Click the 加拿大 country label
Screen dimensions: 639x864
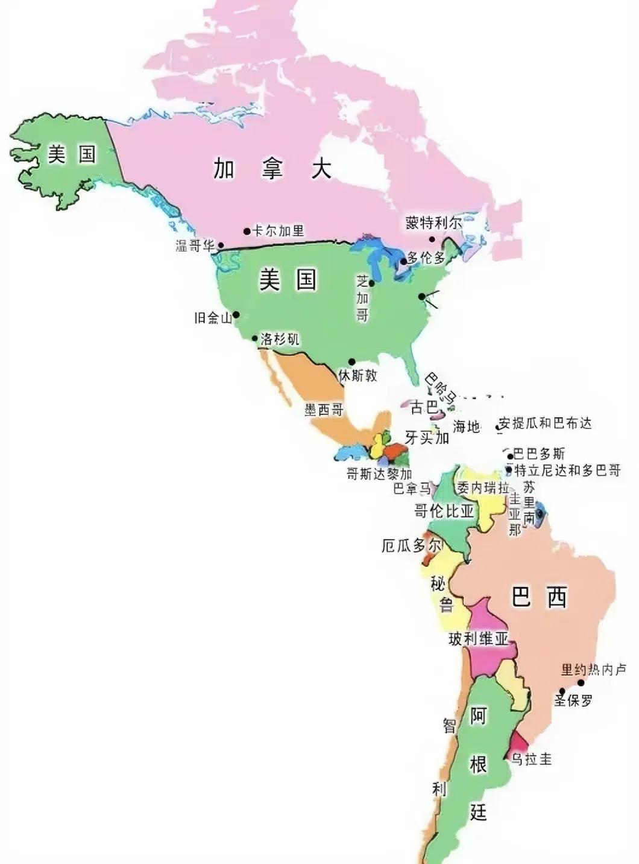point(272,168)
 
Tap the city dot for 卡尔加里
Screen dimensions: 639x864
point(247,231)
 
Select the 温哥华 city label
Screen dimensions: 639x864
point(195,246)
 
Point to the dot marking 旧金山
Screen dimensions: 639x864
point(236,314)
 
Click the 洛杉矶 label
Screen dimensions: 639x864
point(280,339)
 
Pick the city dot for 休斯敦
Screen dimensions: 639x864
point(351,362)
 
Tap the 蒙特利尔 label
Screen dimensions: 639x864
point(433,223)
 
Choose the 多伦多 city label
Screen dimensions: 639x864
point(426,258)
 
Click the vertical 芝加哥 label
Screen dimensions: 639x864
point(362,298)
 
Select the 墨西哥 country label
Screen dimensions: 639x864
point(324,410)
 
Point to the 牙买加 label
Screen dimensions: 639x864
point(427,437)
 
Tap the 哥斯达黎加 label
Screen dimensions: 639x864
point(379,474)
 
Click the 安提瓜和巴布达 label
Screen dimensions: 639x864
point(545,424)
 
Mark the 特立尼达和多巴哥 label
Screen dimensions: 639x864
point(567,470)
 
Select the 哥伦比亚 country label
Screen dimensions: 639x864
point(444,512)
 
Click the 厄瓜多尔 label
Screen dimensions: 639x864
point(412,546)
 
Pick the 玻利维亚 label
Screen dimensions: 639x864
point(479,639)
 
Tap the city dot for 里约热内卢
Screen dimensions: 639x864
point(581,683)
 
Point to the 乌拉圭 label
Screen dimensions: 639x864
point(532,759)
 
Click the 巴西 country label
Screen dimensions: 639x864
point(539,597)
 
